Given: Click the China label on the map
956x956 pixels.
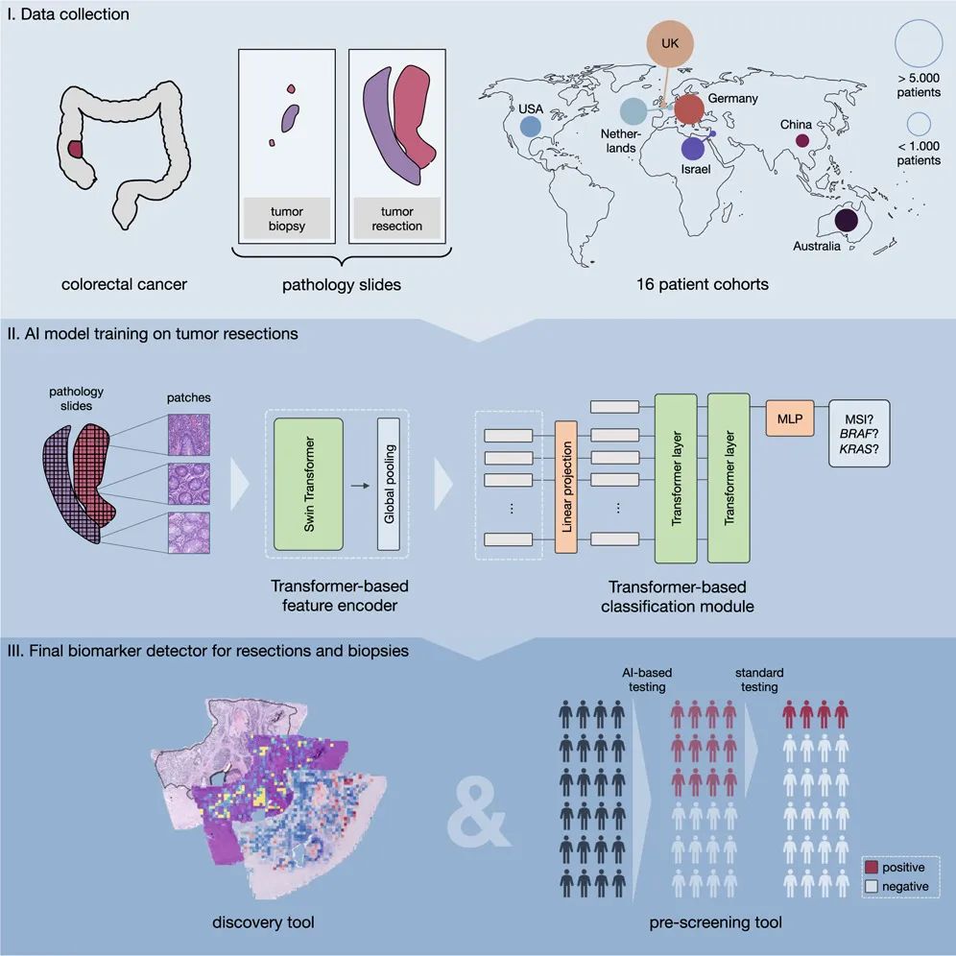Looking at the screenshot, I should coord(796,125).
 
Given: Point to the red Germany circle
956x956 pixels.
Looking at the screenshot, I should coord(689,108).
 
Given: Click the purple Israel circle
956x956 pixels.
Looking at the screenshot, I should coord(694,148).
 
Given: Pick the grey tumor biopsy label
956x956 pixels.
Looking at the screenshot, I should coord(287,218).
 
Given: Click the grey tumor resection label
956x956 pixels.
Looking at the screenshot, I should coord(397,218).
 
